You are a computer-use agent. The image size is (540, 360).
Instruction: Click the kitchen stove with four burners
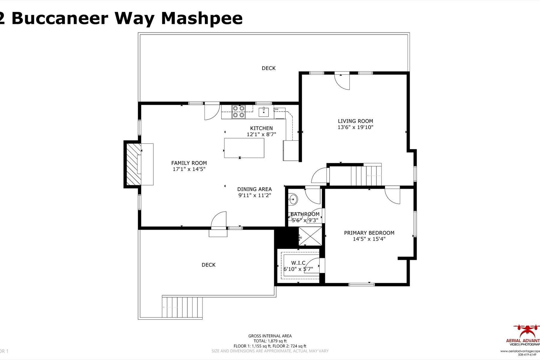pos(238,111)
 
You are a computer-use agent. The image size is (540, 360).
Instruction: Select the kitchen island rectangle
pos(244,148)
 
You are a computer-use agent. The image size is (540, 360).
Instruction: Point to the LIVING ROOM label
pos(355,121)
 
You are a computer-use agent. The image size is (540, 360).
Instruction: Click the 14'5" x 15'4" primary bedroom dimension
pos(369,239)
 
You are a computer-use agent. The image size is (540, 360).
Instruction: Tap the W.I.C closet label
pos(298,263)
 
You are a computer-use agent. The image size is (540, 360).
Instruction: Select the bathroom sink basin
pos(293,199)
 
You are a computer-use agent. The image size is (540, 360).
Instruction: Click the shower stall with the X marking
pos(310,236)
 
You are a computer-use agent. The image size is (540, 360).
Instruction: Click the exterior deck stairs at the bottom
pos(182,307)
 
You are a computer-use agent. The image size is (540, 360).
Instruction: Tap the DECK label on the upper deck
pos(268,68)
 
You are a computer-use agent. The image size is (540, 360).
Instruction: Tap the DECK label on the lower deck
pos(208,265)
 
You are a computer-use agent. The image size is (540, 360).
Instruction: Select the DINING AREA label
pos(254,189)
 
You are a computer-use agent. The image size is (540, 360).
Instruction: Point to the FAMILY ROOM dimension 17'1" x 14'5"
pos(189,169)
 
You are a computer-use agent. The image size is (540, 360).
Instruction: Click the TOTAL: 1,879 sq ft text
pos(270,341)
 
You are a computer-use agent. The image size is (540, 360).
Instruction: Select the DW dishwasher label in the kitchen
pos(276,109)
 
